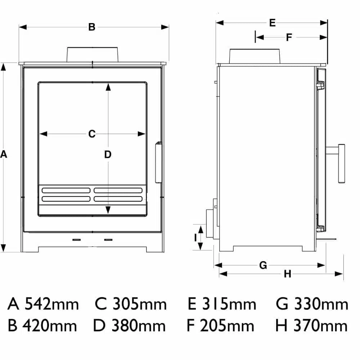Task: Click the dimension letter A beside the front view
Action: pos(4,154)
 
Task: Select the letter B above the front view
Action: pos(92,27)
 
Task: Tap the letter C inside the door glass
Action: pos(92,134)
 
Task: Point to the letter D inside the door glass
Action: pos(108,155)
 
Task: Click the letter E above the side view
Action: pos(272,23)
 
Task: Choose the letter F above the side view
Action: pos(289,37)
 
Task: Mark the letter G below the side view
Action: pos(263,265)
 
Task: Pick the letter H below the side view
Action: pos(287,274)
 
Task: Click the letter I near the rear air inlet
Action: pos(195,237)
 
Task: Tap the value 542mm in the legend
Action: pos(51,304)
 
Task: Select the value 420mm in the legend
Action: pos(50,326)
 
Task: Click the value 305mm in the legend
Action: pos(140,304)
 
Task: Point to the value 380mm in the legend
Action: pos(139,326)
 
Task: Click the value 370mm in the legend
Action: pos(320,326)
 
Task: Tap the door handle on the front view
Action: pos(158,163)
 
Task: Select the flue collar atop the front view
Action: pos(92,54)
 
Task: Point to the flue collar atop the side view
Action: pos(254,56)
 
